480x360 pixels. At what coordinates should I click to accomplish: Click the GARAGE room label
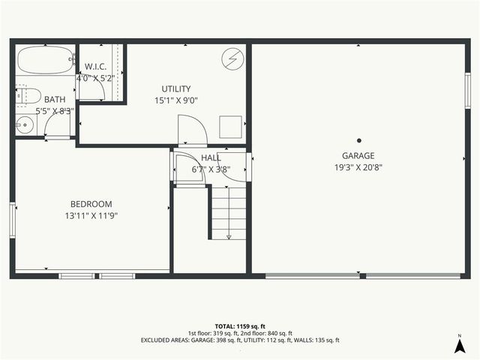(x=358, y=156)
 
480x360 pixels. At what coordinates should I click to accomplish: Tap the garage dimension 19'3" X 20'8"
(x=358, y=168)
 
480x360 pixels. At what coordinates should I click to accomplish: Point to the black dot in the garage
(x=359, y=139)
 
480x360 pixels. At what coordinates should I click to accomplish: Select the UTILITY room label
(x=176, y=88)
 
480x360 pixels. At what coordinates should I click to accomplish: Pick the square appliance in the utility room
(x=230, y=127)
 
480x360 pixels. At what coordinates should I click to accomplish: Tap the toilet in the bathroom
(x=28, y=95)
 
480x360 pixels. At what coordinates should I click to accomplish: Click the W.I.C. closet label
(x=95, y=66)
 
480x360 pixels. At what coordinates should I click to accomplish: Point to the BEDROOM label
(x=91, y=204)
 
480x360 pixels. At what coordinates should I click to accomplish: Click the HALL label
(x=211, y=158)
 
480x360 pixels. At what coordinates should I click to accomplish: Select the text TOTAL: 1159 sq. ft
(x=239, y=326)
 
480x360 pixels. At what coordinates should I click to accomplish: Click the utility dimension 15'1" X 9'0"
(x=176, y=100)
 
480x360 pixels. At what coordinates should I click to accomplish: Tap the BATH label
(x=55, y=100)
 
